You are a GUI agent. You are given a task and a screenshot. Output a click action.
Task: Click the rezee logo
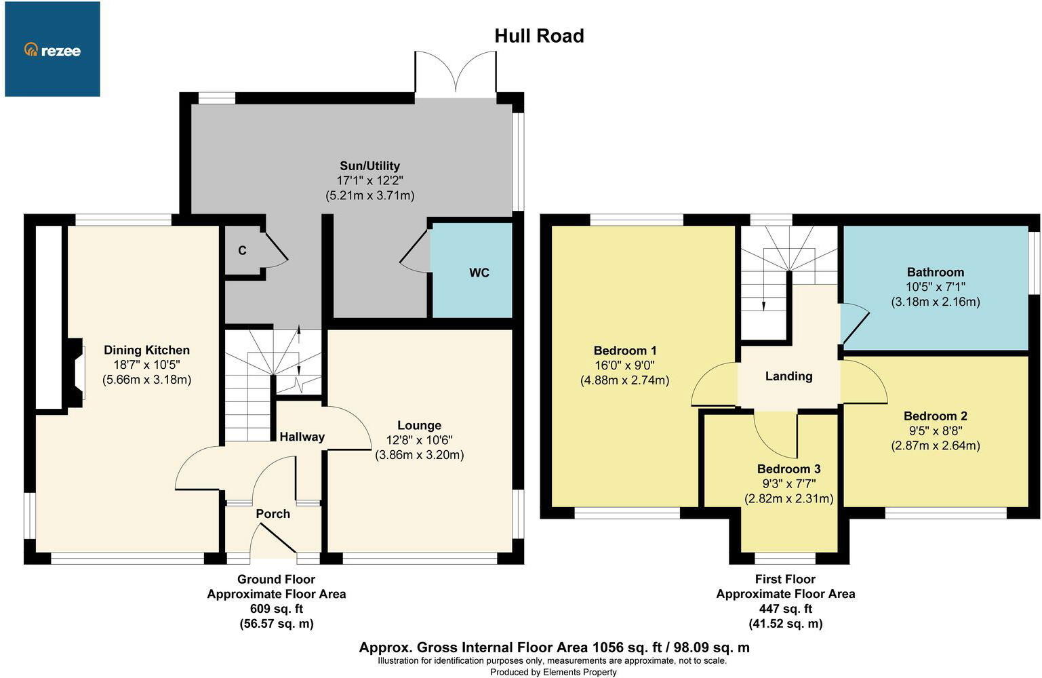pyautogui.click(x=52, y=49)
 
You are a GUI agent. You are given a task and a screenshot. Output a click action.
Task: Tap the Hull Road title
pyautogui.click(x=539, y=35)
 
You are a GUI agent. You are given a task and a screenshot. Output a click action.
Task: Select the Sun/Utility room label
pyautogui.click(x=369, y=166)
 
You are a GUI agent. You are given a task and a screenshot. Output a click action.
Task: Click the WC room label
pyautogui.click(x=479, y=273)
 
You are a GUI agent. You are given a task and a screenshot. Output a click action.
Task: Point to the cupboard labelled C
pyautogui.click(x=242, y=251)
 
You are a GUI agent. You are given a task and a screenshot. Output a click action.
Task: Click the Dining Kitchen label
pyautogui.click(x=146, y=350)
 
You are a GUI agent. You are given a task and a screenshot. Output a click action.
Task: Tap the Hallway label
pyautogui.click(x=302, y=437)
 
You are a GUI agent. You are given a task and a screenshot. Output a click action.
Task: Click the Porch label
pyautogui.click(x=273, y=514)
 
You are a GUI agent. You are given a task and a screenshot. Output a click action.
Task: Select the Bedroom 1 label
pyautogui.click(x=624, y=351)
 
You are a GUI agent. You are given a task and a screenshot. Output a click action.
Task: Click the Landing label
pyautogui.click(x=788, y=376)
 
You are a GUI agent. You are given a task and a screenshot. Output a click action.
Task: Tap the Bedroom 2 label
pyautogui.click(x=935, y=416)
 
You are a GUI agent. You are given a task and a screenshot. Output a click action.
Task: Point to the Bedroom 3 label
pyautogui.click(x=788, y=468)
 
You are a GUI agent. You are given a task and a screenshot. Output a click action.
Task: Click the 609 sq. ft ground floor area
pyautogui.click(x=276, y=609)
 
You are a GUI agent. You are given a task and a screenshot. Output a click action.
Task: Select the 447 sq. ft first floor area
pyautogui.click(x=785, y=609)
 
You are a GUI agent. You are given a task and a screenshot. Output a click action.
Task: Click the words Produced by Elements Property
pyautogui.click(x=553, y=672)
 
